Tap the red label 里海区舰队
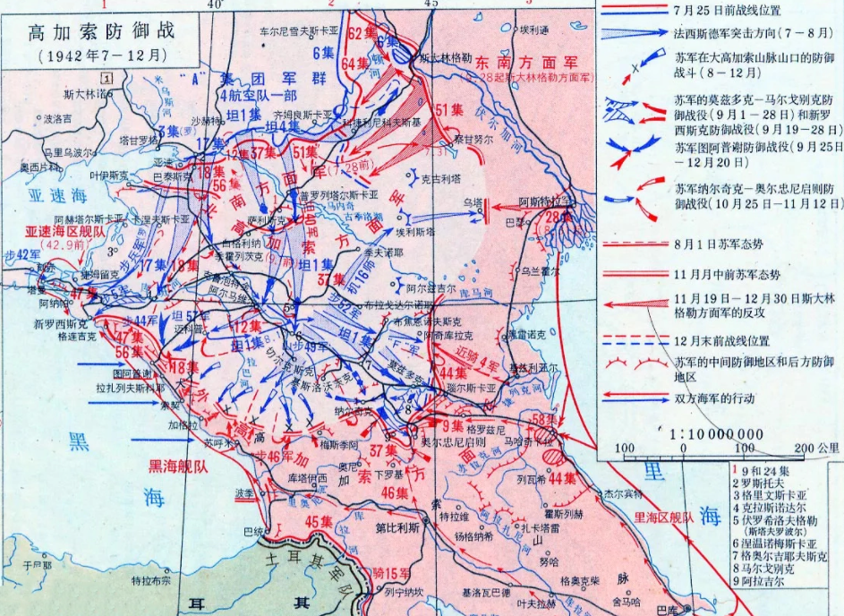click(x=663, y=517)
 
